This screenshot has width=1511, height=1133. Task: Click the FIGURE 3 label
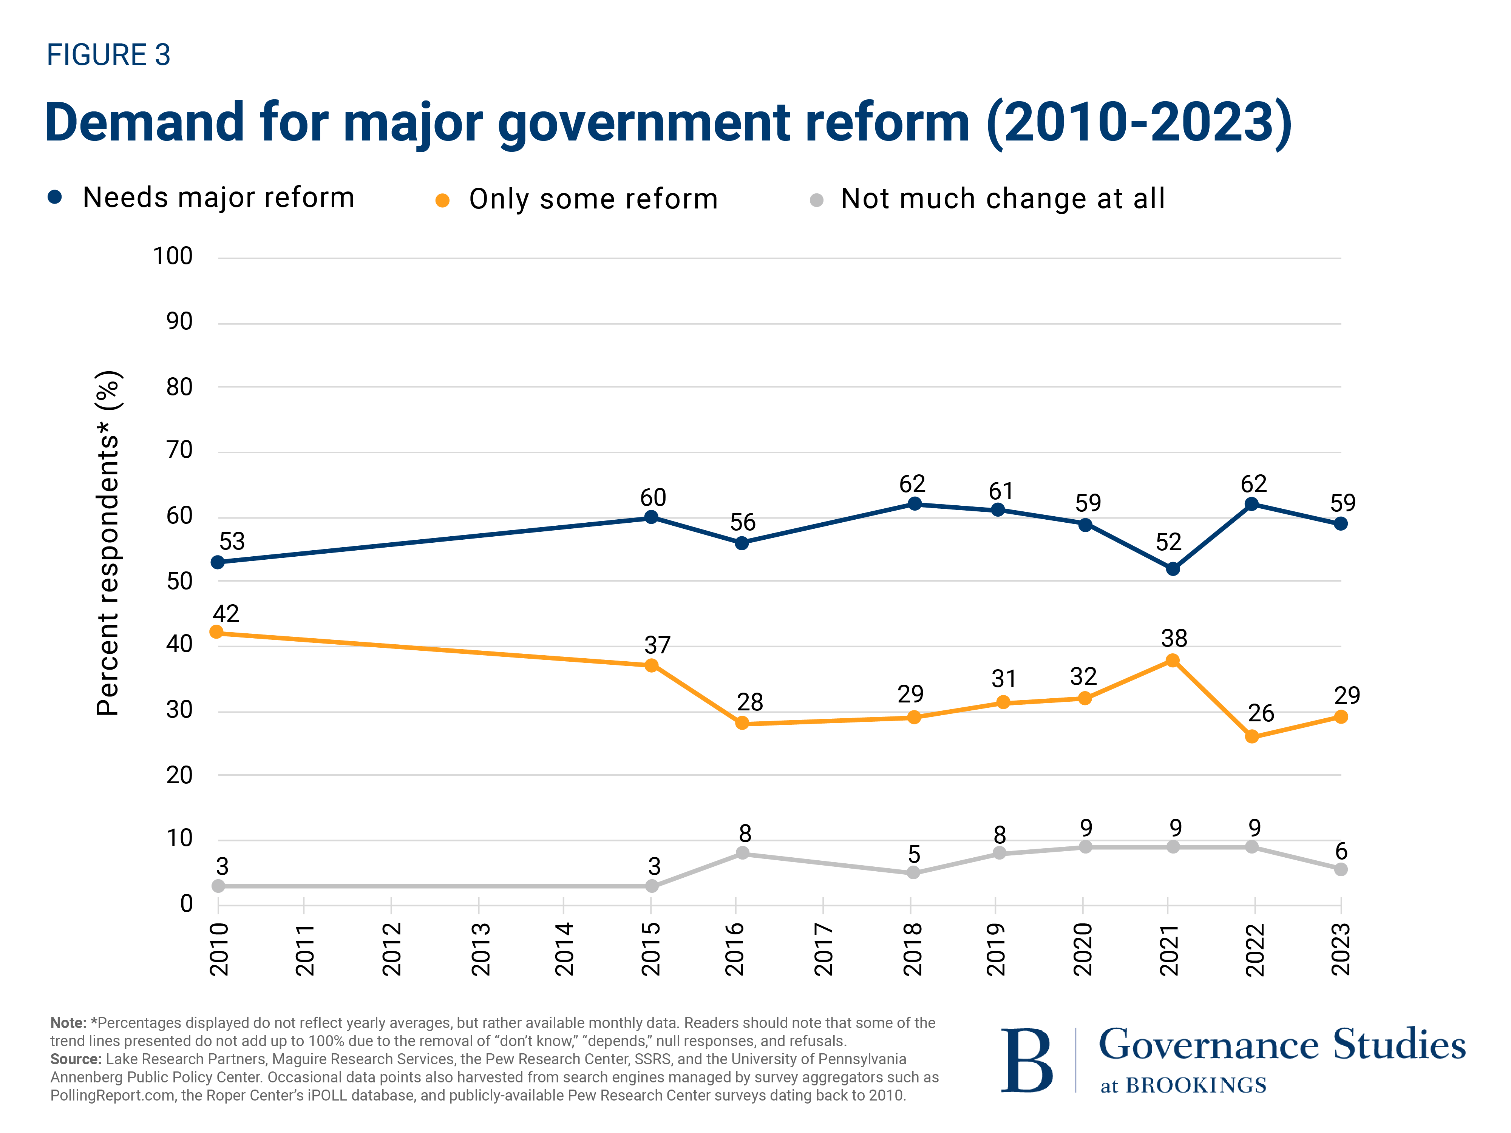click(x=108, y=55)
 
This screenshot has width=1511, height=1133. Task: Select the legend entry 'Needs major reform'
click(x=218, y=198)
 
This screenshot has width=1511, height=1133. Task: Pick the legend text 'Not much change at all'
click(x=1002, y=199)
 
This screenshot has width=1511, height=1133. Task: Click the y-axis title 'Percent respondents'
click(x=108, y=543)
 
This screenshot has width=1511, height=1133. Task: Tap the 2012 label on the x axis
click(x=391, y=949)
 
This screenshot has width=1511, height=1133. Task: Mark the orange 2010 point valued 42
click(x=216, y=632)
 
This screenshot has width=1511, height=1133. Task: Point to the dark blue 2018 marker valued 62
click(x=915, y=504)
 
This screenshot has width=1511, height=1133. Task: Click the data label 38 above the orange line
click(x=1174, y=639)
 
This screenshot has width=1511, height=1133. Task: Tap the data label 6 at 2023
click(x=1341, y=852)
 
